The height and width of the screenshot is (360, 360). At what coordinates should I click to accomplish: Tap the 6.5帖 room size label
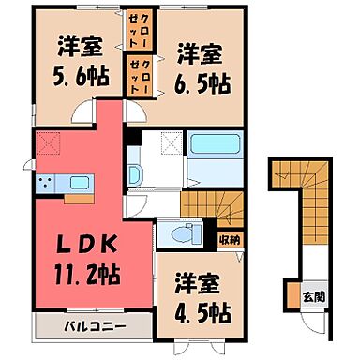199,82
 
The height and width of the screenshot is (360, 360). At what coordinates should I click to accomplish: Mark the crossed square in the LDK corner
50,143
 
